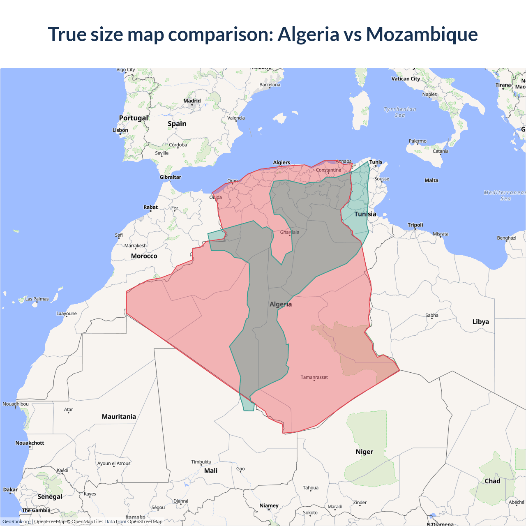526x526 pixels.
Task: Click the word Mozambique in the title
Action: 422,34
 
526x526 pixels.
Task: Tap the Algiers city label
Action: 281,162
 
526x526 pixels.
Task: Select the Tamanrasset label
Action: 314,377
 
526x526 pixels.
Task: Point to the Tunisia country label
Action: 365,214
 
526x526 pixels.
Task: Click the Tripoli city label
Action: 415,225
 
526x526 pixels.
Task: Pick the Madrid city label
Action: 192,101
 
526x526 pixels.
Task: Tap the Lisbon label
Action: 120,130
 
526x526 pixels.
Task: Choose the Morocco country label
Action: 144,256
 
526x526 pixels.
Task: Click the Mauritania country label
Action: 119,417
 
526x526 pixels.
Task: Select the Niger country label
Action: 365,452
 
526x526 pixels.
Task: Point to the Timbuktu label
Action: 201,462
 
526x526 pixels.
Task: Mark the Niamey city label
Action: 269,505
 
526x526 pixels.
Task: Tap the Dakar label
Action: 10,489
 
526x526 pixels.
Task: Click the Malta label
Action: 431,180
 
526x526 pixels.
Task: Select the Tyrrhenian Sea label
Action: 400,112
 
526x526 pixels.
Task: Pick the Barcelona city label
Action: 270,85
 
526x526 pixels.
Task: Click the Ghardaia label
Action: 290,232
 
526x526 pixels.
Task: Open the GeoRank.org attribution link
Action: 16,521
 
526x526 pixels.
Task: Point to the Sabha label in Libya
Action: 432,315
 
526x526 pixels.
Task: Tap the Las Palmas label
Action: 37,299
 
